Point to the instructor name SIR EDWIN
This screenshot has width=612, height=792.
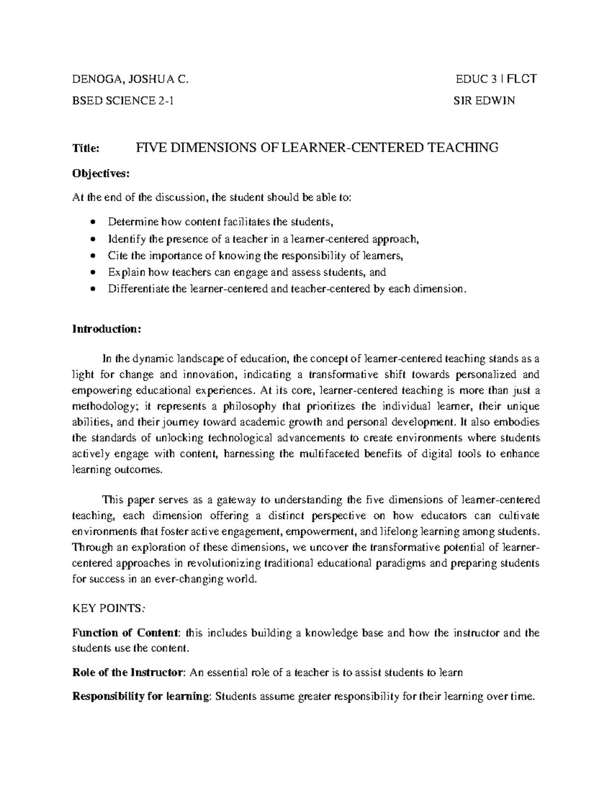coord(484,101)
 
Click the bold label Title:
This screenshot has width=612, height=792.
coord(86,148)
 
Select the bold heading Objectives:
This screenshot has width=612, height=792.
coord(101,174)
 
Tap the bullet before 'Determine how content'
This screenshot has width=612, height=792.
coord(92,222)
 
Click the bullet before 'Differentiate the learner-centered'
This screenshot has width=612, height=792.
coord(92,289)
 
